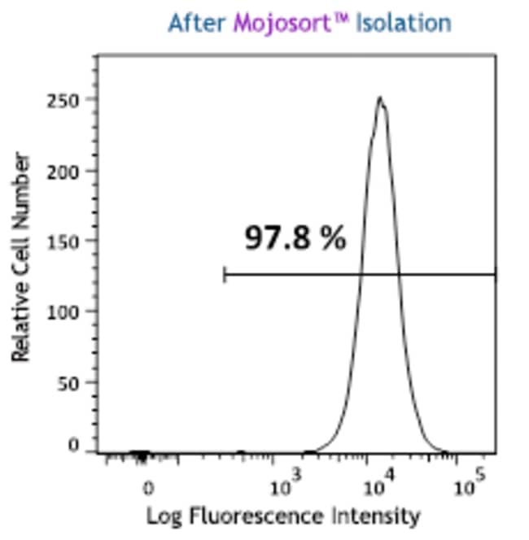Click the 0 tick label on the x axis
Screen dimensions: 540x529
tap(148, 490)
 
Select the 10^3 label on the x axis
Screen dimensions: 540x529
tap(286, 487)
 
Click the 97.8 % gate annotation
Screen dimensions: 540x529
tap(295, 239)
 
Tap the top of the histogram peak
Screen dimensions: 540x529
tap(379, 98)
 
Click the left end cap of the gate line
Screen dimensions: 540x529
tap(225, 275)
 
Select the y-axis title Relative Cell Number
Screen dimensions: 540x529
tap(22, 257)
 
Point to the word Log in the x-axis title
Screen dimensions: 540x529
tap(161, 516)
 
